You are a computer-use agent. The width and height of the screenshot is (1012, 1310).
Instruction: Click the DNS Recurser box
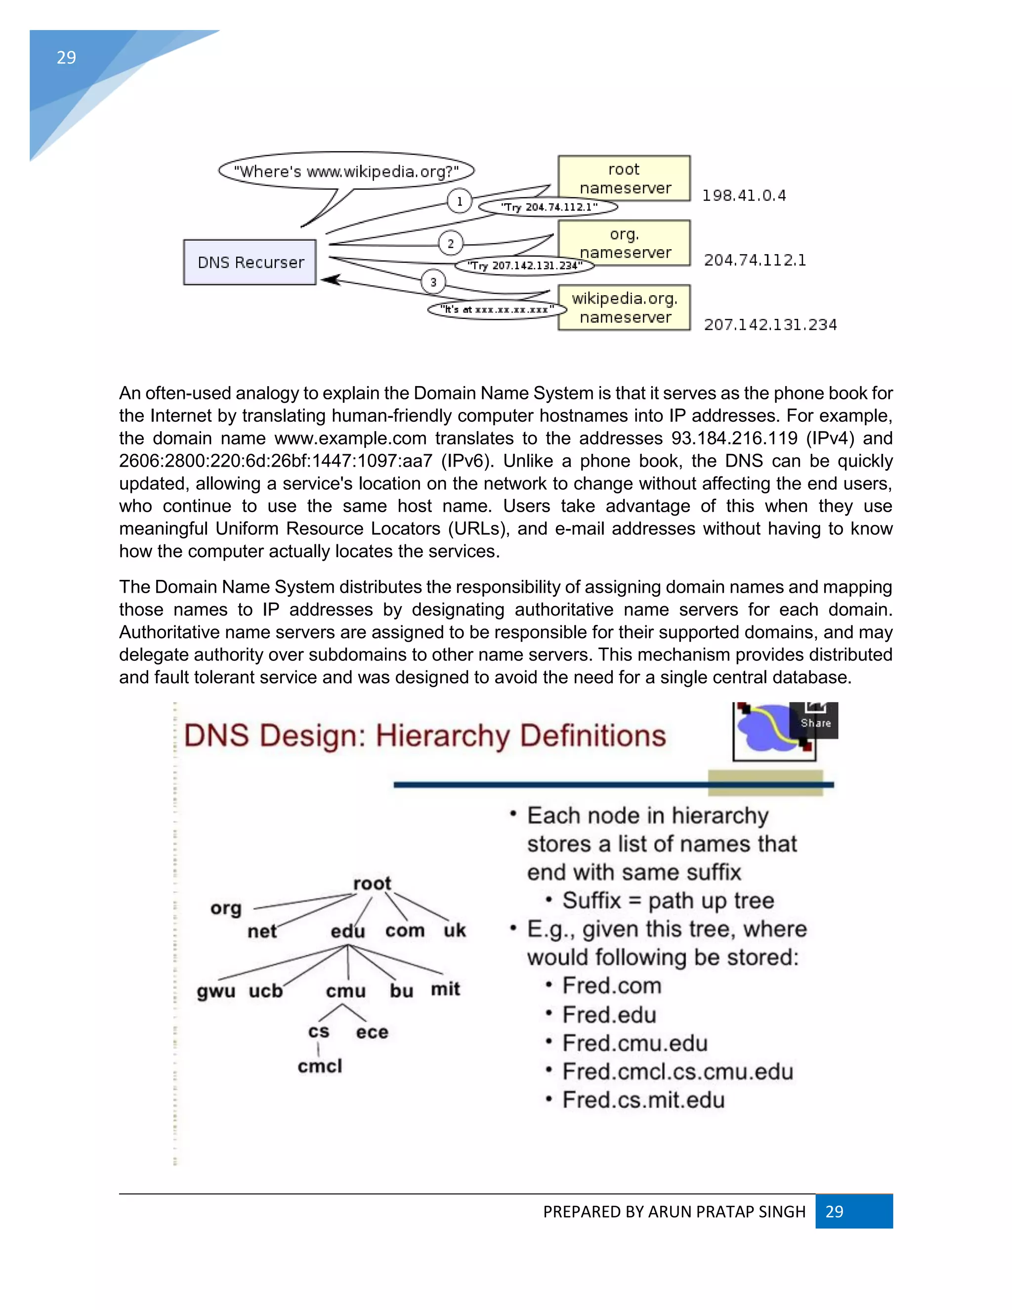tap(250, 262)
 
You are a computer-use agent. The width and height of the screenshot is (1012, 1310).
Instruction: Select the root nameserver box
tap(624, 178)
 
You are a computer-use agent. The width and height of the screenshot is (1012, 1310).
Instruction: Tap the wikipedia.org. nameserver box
tap(624, 307)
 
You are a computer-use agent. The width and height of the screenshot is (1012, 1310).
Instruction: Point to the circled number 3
tap(433, 282)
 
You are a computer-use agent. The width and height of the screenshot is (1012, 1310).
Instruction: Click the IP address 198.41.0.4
tap(743, 196)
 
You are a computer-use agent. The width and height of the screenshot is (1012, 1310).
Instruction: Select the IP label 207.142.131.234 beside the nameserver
tap(770, 324)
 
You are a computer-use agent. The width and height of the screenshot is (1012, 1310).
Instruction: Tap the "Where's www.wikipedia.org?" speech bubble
tap(346, 172)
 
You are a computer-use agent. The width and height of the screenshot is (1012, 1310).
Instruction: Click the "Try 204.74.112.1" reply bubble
tap(548, 207)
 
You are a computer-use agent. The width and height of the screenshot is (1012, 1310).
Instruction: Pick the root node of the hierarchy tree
tap(372, 883)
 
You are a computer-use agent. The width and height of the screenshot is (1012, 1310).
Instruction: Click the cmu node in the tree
tap(345, 991)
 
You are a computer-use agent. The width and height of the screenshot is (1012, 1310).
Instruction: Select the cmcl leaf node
tap(320, 1066)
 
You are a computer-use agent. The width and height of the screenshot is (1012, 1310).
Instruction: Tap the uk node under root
tap(455, 930)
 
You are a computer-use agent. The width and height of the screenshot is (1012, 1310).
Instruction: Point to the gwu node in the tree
tap(216, 991)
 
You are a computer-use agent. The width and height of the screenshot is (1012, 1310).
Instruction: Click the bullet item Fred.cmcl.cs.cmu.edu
tap(677, 1071)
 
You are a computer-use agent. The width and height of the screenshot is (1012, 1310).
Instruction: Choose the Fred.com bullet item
tap(612, 986)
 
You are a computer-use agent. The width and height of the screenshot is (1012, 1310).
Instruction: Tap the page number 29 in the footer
tap(835, 1212)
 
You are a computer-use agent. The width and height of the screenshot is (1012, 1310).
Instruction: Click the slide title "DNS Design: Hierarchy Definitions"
tap(424, 736)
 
